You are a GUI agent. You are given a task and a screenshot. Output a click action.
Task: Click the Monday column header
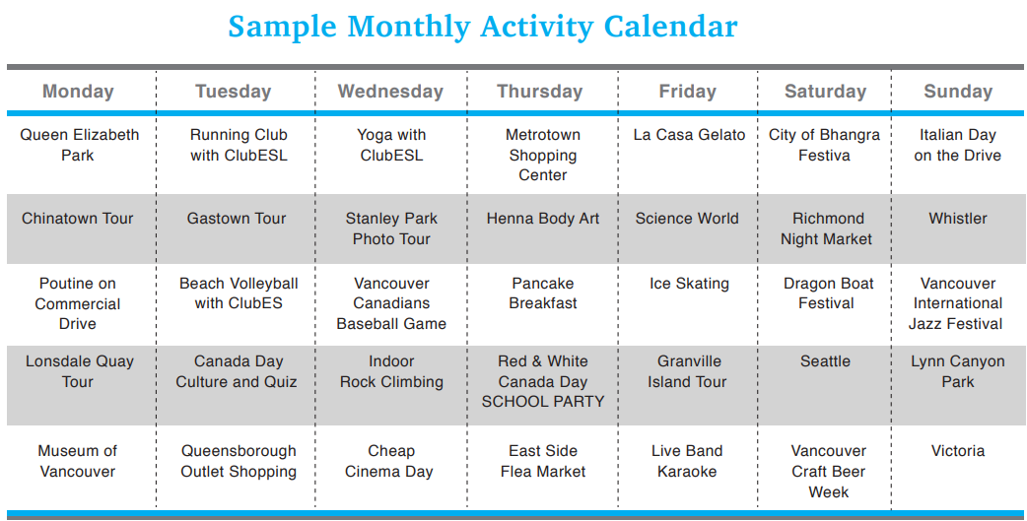tap(78, 91)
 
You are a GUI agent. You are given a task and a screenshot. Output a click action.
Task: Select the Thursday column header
tap(540, 91)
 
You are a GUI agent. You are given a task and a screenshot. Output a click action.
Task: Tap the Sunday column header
tap(958, 91)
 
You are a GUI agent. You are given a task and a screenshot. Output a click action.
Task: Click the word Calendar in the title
tap(670, 27)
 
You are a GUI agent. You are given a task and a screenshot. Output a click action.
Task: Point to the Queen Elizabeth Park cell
tap(79, 145)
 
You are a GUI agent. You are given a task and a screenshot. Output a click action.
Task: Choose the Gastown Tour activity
tap(237, 219)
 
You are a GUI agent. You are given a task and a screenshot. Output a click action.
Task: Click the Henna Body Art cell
tap(543, 219)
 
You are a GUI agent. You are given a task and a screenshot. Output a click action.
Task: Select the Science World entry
tap(687, 219)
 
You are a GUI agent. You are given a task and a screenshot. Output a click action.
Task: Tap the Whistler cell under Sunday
tap(958, 219)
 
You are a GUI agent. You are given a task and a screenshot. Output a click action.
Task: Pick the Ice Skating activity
tap(689, 284)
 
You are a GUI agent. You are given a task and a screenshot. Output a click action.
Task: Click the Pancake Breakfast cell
tap(543, 293)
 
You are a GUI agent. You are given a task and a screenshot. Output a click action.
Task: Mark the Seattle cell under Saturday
tap(825, 361)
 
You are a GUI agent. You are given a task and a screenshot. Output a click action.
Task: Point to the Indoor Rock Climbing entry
tap(391, 371)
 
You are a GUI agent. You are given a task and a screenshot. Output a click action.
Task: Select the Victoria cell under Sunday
tap(958, 451)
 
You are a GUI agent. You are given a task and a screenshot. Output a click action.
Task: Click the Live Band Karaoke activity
tap(687, 461)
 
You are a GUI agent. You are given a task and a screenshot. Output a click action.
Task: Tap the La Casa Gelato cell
tap(689, 135)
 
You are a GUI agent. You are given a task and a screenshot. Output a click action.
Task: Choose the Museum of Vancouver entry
tap(77, 461)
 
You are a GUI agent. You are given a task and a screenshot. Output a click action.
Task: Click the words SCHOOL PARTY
tap(543, 402)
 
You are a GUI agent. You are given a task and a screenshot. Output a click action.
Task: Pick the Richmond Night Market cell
tap(827, 228)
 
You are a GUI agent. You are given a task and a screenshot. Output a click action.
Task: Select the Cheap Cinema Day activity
tap(389, 462)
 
